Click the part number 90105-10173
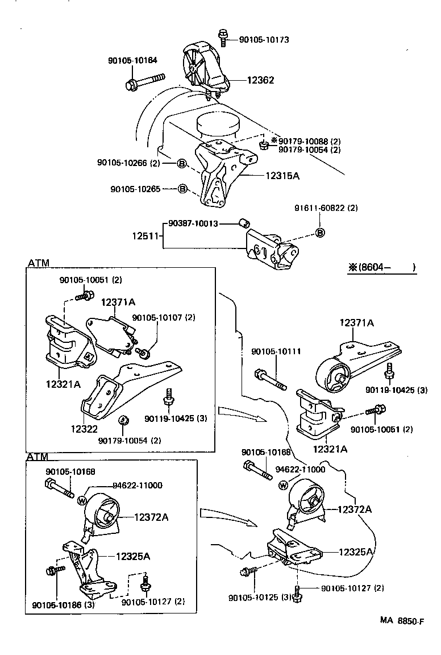point(264,40)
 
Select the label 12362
point(260,80)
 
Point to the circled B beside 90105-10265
point(182,188)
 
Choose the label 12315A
point(282,176)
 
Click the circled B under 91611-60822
point(319,233)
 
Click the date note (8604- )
point(382,267)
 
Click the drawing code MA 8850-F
point(402,621)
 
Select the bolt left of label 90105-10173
point(223,37)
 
